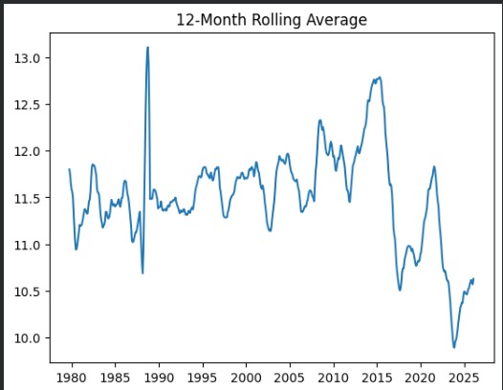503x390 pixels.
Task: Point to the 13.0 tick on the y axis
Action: [31, 58]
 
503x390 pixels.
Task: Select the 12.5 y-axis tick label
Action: [31, 105]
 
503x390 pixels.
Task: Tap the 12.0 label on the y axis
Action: [31, 151]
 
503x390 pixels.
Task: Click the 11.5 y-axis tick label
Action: [31, 198]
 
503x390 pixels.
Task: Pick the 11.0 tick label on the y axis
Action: [31, 245]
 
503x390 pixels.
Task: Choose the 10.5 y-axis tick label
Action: [31, 292]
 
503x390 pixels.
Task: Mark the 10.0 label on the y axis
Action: [31, 338]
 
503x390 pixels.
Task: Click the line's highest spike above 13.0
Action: [147, 48]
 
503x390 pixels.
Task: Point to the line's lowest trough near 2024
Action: [454, 347]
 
